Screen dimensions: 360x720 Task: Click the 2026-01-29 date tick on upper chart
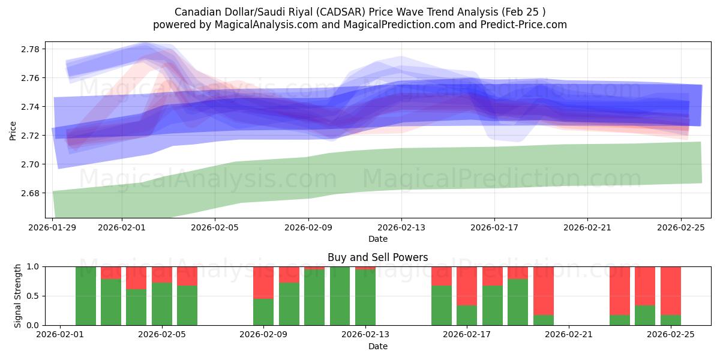pos(53,227)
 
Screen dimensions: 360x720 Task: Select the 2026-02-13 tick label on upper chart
pos(401,227)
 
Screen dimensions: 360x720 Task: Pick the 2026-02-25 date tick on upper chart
pos(680,227)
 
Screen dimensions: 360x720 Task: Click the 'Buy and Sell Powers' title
pos(377,257)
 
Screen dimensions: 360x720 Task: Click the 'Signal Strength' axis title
pos(18,296)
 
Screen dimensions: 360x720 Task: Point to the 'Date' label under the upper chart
pos(377,239)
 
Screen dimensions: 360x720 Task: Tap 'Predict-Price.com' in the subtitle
pos(519,25)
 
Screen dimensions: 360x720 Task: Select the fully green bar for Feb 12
pos(340,296)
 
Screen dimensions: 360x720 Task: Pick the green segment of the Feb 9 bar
pos(263,311)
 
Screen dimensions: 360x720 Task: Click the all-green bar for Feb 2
pos(86,296)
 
